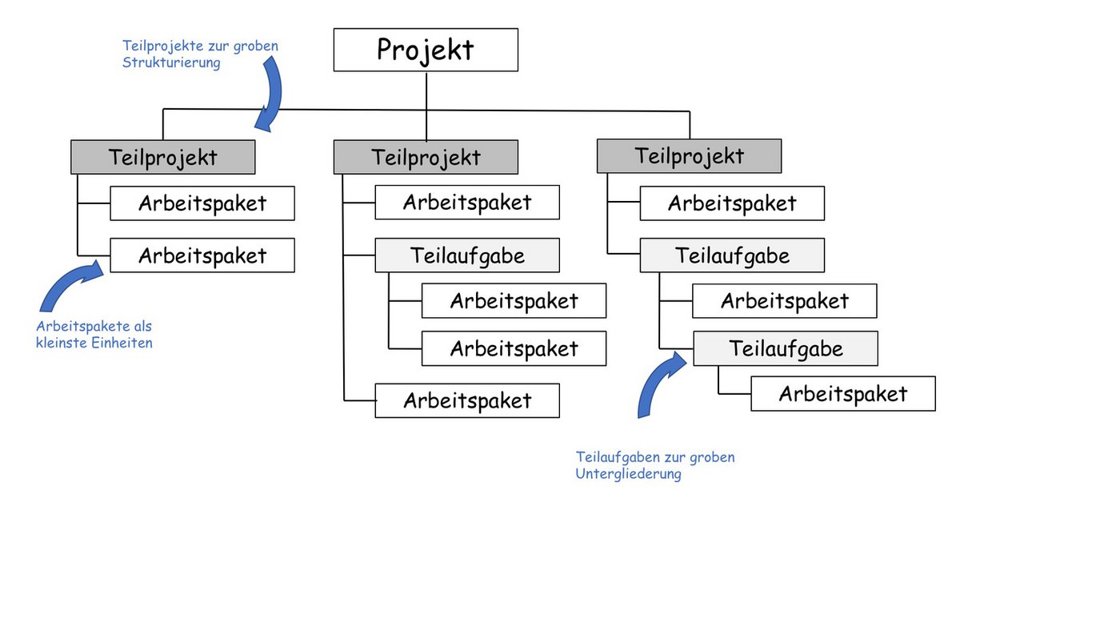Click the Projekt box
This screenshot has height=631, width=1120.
(426, 50)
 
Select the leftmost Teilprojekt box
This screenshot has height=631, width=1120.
(162, 157)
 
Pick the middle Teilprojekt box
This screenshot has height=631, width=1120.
(426, 157)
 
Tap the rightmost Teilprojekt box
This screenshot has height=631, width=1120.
(689, 156)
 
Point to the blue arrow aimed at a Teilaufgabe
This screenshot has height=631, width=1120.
(658, 384)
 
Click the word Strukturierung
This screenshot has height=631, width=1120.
(171, 62)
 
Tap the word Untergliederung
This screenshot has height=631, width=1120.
(628, 474)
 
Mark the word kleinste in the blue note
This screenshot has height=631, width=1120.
(62, 344)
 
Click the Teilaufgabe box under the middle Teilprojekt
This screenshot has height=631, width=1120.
(467, 255)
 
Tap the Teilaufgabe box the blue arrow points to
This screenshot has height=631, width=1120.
(786, 348)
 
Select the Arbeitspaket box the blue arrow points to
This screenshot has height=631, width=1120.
(202, 255)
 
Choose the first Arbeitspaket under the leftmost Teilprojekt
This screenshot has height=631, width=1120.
(202, 203)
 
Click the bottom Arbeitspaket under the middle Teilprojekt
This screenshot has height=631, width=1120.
(467, 400)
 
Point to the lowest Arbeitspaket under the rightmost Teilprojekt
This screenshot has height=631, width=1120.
(843, 394)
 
